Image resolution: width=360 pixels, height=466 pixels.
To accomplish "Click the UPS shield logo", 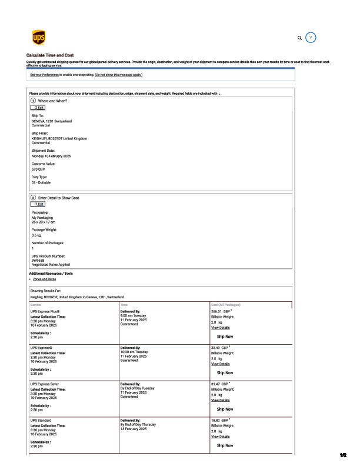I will pos(38,38).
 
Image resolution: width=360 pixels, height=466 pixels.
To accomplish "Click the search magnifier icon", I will pos(300,38).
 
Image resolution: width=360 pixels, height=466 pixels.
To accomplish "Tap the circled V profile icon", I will pos(312,38).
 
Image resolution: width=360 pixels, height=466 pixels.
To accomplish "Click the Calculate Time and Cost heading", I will pos(50,55).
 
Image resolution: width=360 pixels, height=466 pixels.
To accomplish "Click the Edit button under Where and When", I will pos(38,108).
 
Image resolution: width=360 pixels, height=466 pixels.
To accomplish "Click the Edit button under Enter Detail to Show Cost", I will pos(38,204).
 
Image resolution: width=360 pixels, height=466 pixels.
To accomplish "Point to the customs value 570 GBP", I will pos(39,169).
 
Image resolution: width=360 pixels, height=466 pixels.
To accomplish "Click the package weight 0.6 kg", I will pos(36,235).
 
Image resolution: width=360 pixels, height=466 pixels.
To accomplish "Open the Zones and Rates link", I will pos(45,279).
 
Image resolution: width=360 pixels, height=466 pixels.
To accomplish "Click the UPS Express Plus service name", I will pos(45,311).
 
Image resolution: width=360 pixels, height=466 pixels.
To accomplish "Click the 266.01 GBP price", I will pos(221,311).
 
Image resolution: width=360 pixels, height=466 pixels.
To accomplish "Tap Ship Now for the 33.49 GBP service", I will pos(225,372).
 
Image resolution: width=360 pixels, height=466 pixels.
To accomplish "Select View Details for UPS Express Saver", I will pos(221,400).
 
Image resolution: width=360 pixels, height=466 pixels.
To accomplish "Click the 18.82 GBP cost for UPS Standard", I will pos(219,421).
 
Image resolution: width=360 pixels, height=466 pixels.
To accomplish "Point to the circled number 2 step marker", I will pos(33,198).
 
